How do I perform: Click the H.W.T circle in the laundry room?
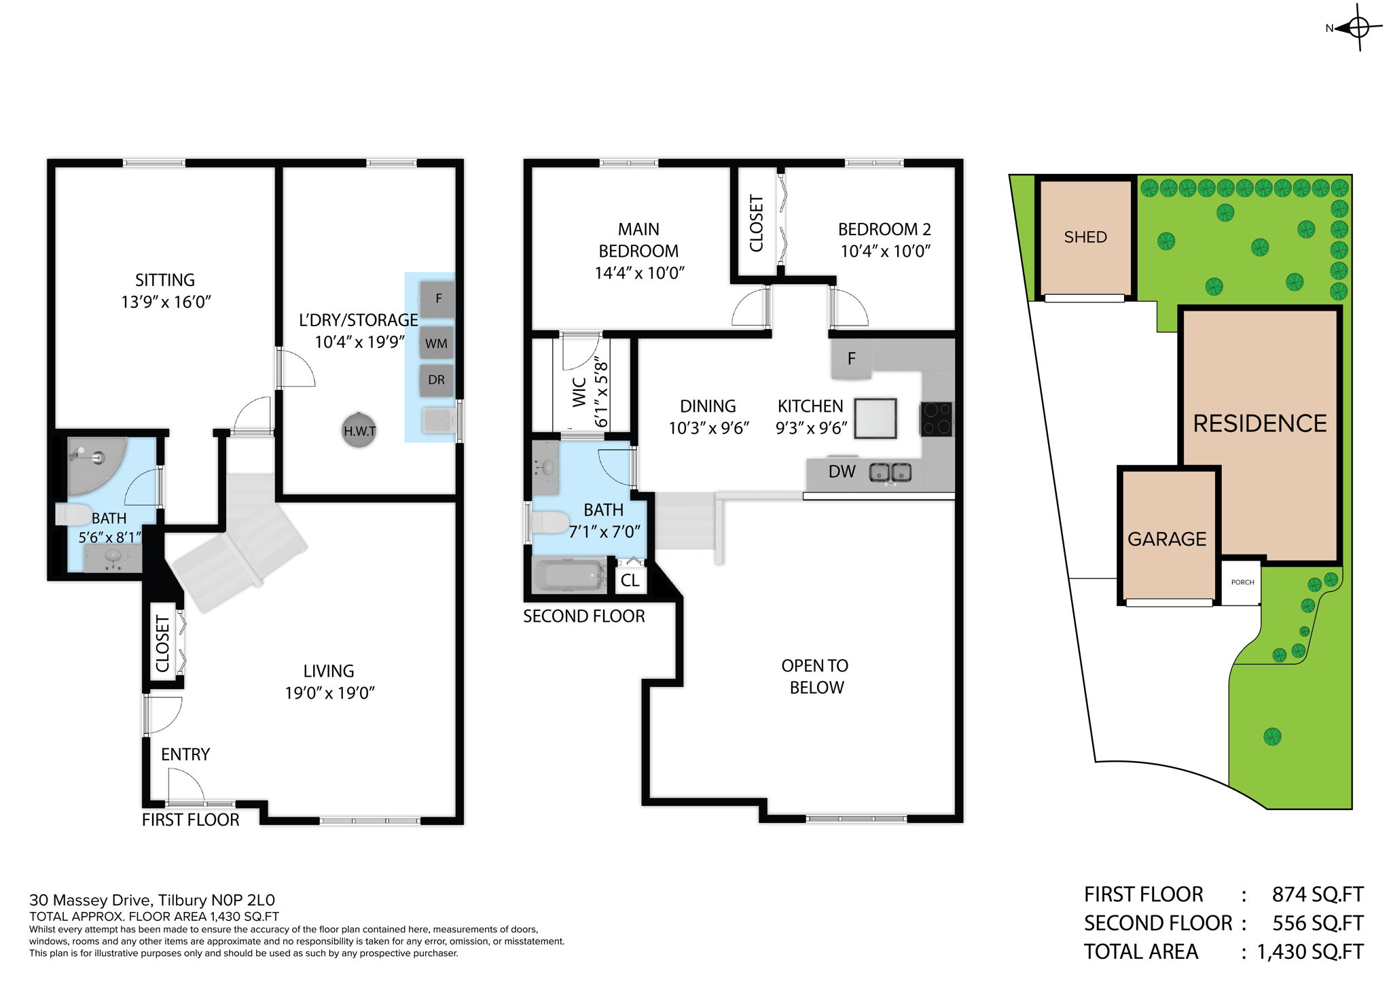click(x=359, y=430)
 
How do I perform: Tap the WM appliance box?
click(x=437, y=343)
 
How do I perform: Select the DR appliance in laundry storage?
click(x=437, y=380)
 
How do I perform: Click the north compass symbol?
click(x=1358, y=28)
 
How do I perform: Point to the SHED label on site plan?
click(x=1085, y=237)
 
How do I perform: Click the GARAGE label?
click(x=1166, y=539)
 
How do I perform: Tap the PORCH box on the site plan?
click(x=1242, y=582)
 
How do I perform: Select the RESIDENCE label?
click(x=1259, y=423)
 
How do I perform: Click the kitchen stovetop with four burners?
click(x=936, y=419)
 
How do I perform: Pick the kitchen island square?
click(x=875, y=419)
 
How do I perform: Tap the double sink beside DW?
click(x=891, y=472)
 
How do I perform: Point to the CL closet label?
click(x=630, y=580)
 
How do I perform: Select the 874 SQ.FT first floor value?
click(x=1317, y=894)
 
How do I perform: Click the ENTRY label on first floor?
click(x=185, y=754)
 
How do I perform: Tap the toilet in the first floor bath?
click(x=73, y=514)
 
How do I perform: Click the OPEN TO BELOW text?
click(x=815, y=676)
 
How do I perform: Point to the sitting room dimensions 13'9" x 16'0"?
click(x=166, y=302)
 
